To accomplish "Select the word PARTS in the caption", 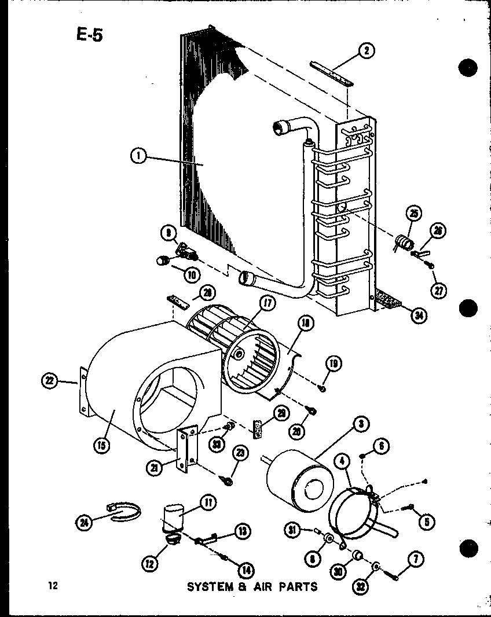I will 296,586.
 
